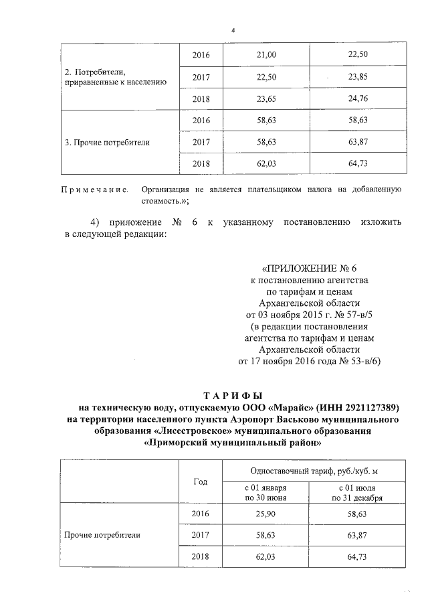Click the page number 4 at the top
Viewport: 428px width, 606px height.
[x=233, y=30]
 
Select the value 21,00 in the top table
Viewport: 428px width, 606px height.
[x=267, y=54]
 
